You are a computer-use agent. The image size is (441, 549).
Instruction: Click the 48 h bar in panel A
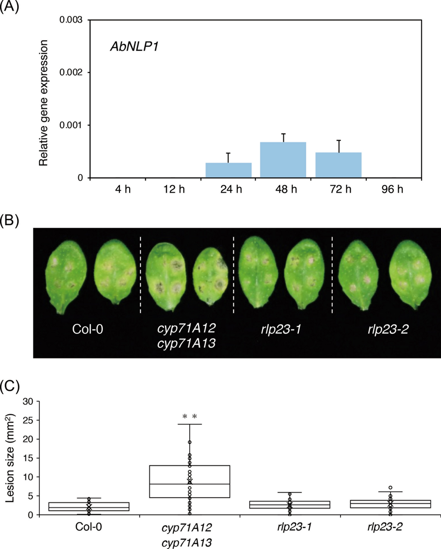tap(283, 160)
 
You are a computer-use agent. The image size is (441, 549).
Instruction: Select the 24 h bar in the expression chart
tap(228, 170)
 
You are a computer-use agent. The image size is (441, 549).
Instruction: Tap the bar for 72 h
tap(338, 165)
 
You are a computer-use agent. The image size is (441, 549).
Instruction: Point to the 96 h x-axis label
tap(392, 189)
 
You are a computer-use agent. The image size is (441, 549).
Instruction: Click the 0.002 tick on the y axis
tap(71, 73)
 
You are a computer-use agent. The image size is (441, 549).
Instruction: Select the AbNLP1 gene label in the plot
tap(134, 47)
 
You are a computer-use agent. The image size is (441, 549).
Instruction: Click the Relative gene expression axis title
tap(44, 103)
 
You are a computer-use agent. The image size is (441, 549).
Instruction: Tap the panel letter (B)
tap(9, 221)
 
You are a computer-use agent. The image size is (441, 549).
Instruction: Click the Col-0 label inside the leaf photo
tap(88, 329)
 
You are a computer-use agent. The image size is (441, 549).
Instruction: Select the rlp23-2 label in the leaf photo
tap(388, 329)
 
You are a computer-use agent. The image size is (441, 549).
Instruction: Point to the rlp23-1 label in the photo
tap(281, 329)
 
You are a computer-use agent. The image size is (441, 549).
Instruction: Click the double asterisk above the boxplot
tap(190, 417)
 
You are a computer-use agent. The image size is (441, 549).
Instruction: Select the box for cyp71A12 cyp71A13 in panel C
tap(190, 481)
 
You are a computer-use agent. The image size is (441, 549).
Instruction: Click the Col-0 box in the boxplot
tap(89, 506)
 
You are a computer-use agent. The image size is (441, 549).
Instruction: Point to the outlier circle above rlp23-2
tap(390, 488)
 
